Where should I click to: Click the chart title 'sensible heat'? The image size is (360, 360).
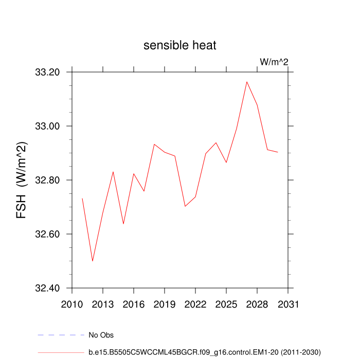coord(180,45)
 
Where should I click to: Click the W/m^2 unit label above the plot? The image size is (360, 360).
coord(274,62)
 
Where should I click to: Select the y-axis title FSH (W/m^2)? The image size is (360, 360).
coord(22,180)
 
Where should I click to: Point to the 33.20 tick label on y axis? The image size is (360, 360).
coord(48,73)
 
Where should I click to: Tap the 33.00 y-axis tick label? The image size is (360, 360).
coord(48,127)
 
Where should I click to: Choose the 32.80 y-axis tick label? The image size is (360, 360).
coord(48,181)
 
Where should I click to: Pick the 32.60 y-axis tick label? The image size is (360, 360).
coord(48,235)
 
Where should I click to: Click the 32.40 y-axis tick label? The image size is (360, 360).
coord(48,289)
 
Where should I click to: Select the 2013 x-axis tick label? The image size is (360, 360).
coord(103,303)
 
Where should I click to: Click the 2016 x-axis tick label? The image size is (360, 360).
coord(134,303)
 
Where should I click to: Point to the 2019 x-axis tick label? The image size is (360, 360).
coord(165,303)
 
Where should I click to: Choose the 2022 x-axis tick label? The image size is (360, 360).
coord(195,303)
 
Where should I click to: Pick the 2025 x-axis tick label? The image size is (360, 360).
coord(226,303)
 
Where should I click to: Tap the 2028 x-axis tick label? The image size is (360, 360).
coord(257,303)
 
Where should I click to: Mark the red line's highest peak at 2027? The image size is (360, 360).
coord(247,82)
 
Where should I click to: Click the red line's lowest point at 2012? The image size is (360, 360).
coord(93,261)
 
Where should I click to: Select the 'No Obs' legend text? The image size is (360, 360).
coord(101,335)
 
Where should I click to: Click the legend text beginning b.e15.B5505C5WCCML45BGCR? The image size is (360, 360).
coord(205,352)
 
